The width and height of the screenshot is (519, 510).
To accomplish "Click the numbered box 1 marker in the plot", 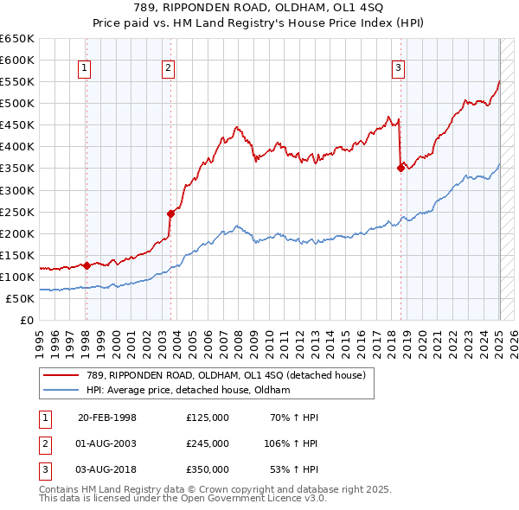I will click(85, 69).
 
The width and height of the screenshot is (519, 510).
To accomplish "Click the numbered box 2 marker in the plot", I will click(168, 69).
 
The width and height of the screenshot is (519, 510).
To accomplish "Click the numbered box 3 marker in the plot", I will click(399, 69).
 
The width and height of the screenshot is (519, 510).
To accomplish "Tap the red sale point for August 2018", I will click(400, 169).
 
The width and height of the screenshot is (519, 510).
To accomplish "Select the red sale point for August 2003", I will click(171, 214).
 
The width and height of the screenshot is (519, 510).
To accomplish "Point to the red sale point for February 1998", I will click(86, 265).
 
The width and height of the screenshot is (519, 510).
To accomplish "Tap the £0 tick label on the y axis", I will click(26, 320).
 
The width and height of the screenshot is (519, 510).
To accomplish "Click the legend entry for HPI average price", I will click(188, 390).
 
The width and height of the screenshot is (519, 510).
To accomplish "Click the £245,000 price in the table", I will click(208, 443).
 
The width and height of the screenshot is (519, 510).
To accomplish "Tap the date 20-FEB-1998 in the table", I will click(107, 418).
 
